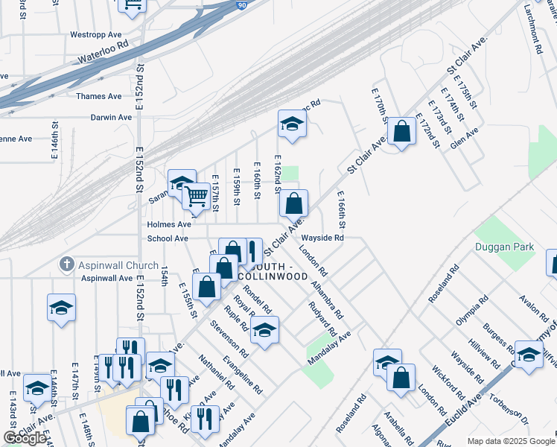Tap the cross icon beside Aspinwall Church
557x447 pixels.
point(66,264)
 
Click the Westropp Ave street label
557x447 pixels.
point(95,34)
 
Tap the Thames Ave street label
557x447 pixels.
point(98,96)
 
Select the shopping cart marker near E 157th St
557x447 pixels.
point(196,197)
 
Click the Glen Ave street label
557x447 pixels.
point(468,137)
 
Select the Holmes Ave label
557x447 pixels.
point(169,223)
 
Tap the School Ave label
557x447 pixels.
point(168,238)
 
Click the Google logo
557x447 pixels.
point(24,438)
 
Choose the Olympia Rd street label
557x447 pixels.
point(472,310)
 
